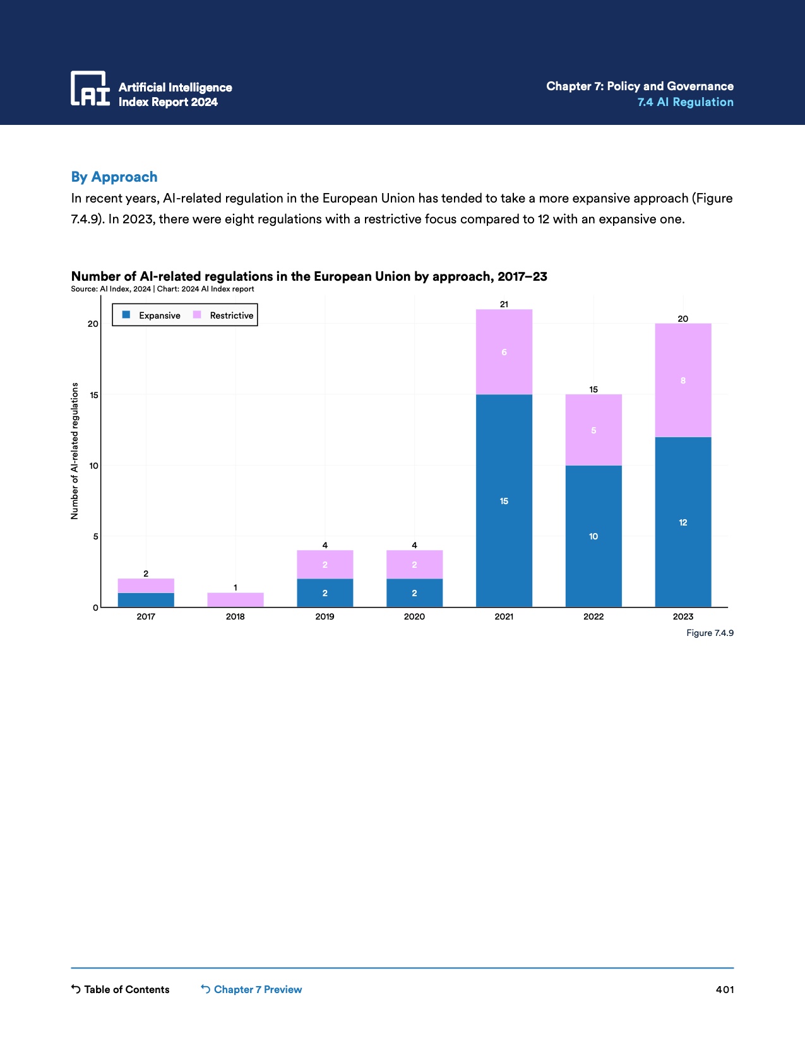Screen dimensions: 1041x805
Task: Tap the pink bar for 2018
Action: (x=236, y=600)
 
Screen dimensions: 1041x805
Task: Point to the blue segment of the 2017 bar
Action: (x=146, y=600)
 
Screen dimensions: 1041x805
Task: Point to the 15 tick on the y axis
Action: (x=93, y=395)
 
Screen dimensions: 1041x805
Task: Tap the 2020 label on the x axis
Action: (x=414, y=616)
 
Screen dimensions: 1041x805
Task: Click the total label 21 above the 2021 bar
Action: (x=504, y=304)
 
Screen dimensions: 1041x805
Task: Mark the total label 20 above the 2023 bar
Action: (x=683, y=319)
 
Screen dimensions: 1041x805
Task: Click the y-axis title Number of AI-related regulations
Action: (x=75, y=451)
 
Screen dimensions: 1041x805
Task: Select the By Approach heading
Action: (x=114, y=177)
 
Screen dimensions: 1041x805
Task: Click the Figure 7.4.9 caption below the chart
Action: (x=710, y=633)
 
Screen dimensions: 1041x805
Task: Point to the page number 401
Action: (x=725, y=989)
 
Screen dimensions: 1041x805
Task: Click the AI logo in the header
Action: (x=90, y=88)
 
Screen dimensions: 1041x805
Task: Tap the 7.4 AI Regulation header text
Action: (x=685, y=102)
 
